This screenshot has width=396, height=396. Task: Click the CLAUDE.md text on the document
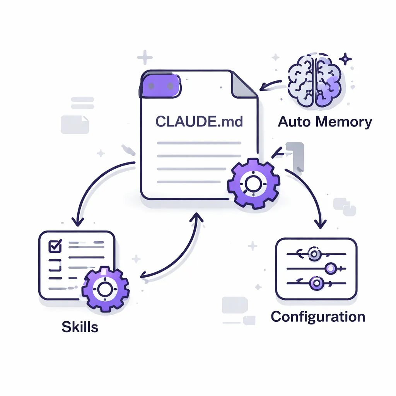[199, 122]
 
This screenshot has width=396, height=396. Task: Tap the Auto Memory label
[325, 122]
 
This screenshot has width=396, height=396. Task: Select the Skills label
[80, 327]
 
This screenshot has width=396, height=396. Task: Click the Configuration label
[318, 317]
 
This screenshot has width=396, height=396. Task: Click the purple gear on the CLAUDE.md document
[253, 184]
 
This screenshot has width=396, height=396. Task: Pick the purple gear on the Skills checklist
[105, 288]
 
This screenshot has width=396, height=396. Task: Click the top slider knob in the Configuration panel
[314, 254]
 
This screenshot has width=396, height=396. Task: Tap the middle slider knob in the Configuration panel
[331, 268]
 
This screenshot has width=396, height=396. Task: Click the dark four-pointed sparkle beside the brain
[345, 59]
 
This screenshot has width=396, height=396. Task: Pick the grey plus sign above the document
[145, 58]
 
